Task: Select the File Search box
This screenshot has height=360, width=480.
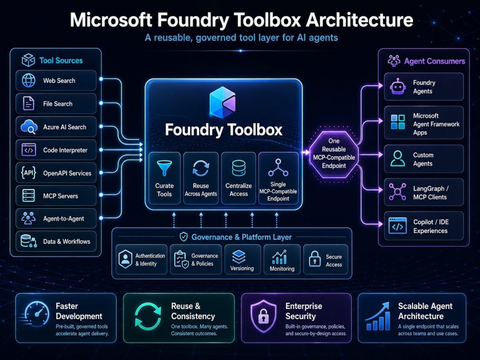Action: click(56, 104)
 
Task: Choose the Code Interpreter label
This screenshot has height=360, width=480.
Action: click(65, 150)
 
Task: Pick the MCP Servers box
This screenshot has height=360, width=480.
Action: click(56, 196)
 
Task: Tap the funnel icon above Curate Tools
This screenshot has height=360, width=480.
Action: click(164, 167)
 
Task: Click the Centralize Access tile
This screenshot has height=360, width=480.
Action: click(239, 178)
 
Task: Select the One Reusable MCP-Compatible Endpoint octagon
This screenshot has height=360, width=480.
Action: click(334, 153)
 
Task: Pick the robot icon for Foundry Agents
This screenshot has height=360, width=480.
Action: click(397, 87)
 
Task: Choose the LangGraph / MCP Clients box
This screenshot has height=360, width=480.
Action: click(424, 192)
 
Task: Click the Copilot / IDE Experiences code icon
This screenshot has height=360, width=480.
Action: click(397, 226)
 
